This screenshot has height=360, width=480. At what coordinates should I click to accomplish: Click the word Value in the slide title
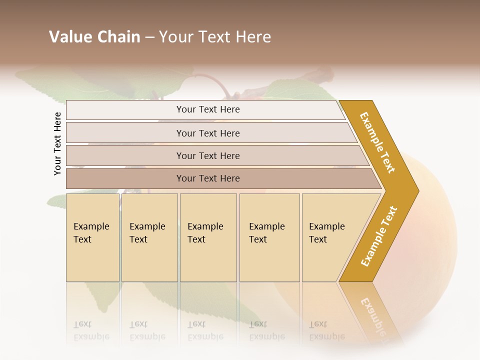pos(70,37)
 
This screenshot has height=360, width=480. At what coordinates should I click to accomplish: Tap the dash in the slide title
pos(149,37)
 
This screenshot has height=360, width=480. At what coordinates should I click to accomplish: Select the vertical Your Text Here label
pos(57,143)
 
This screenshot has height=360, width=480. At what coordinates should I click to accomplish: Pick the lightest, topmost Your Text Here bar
pos(207,109)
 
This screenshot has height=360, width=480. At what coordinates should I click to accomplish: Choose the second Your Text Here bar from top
pos(207,133)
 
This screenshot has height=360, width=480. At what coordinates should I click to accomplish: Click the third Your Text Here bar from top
pos(207,155)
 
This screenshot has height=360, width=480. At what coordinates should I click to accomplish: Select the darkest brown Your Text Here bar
pos(207,178)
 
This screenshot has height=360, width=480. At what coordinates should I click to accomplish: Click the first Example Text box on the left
pos(92,237)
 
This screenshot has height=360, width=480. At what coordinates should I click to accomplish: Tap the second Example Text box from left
pos(149,237)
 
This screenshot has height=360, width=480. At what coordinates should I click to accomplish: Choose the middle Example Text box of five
pos(208,237)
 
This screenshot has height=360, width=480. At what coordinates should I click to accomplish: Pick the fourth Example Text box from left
pos(269,237)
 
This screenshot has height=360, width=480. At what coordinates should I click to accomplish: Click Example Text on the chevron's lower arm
pos(379,236)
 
